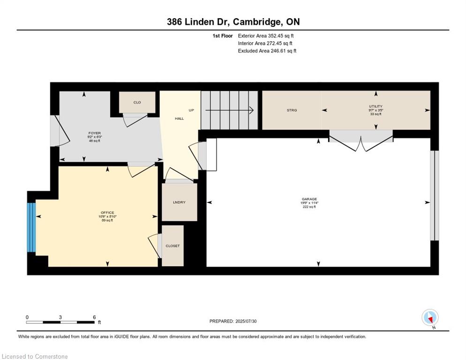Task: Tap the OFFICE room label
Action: point(107,213)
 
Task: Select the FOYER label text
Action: point(95,133)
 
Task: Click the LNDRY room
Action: point(179,202)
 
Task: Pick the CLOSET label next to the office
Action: point(173,246)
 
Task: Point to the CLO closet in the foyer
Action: point(137,102)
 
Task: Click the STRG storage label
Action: point(292,110)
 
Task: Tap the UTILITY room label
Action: point(376,106)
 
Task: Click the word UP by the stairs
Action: point(191,110)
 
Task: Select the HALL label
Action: point(179,119)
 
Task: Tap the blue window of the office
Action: point(31,227)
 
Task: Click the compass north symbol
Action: point(430,318)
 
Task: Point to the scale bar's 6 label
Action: point(94,317)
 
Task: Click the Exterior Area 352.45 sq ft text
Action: point(266,36)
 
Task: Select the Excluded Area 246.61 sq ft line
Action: point(267,51)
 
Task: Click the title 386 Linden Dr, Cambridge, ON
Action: point(233,22)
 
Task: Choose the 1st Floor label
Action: point(223,36)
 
